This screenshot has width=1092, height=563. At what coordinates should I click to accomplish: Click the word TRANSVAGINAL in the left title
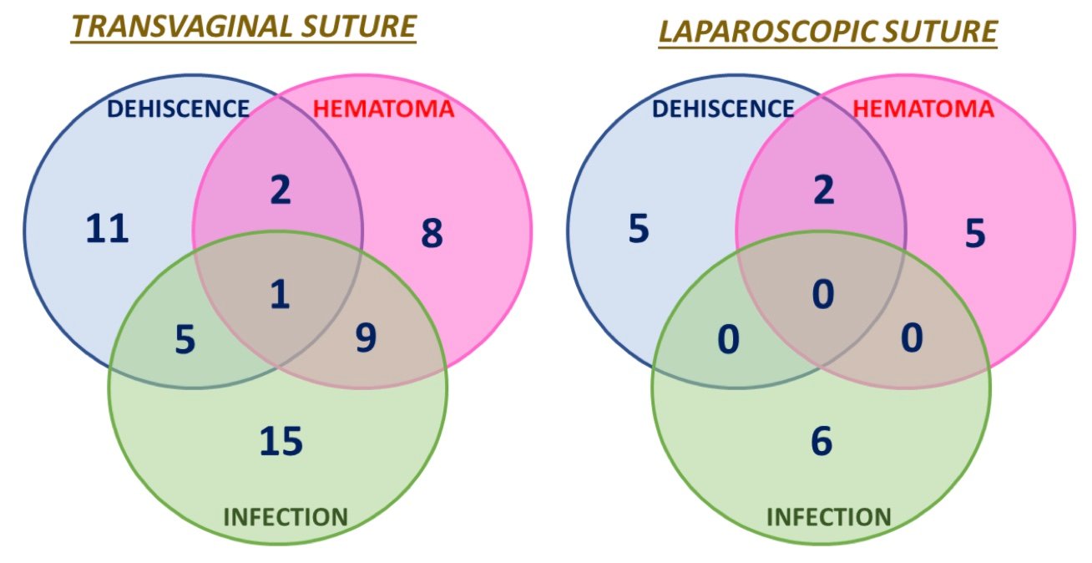coord(181,27)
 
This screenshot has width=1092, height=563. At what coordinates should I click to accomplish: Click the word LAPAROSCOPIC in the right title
coord(768,31)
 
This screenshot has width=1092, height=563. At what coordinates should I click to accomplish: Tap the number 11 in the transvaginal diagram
coord(107,228)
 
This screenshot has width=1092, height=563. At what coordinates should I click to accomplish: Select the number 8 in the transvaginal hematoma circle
coord(432,233)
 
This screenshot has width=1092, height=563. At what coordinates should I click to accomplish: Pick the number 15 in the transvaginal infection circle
coord(281,441)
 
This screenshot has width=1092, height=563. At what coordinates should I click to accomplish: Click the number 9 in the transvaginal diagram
coord(366,337)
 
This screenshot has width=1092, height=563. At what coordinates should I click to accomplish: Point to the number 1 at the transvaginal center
coord(280,294)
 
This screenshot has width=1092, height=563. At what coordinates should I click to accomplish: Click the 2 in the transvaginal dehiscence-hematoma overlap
coord(281,190)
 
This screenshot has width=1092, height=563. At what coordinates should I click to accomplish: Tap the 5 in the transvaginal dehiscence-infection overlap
coord(185,340)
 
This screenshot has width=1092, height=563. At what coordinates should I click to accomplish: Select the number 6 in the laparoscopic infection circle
coord(822,441)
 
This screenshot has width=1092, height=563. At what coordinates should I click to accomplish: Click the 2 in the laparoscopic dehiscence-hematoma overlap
coord(824,190)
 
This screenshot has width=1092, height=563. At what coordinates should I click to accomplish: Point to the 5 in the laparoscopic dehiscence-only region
coord(639,228)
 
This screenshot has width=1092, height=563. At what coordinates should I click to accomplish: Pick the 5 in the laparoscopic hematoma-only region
coord(975,233)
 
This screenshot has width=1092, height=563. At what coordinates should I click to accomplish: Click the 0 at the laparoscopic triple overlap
coord(823,294)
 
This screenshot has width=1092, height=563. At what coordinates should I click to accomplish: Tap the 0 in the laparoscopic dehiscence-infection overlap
coord(728,340)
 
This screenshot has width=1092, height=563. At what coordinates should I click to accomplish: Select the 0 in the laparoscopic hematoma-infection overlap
coord(912,337)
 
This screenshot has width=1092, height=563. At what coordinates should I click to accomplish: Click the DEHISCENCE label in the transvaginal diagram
coord(178,109)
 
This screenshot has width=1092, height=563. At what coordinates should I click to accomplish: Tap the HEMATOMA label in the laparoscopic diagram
coord(923,109)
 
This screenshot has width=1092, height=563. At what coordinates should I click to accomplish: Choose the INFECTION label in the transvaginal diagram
coord(286,517)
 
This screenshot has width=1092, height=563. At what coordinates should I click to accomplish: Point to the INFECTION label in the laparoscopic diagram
coord(829,517)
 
